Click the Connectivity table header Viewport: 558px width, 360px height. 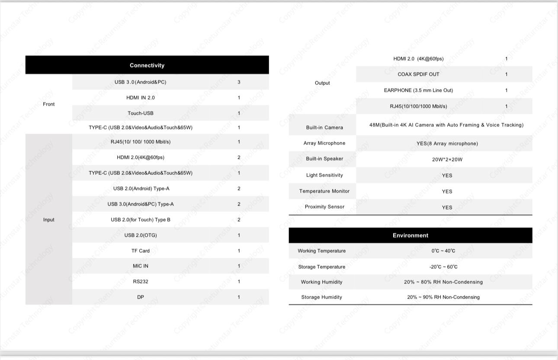coord(147,65)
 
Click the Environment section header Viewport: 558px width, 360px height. coord(410,235)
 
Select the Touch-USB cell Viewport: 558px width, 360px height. coord(141,113)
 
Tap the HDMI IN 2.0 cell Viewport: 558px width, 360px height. coord(141,98)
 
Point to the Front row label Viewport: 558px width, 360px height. coord(49,104)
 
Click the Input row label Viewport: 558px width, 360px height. coord(49,220)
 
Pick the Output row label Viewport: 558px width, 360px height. coord(322,83)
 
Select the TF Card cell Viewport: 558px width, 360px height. coord(141,251)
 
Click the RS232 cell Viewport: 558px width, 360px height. coord(141,282)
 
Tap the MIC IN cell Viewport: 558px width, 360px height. coord(141,266)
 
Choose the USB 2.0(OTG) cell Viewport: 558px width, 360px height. coord(141,235)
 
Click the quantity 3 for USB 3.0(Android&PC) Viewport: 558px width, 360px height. coord(239,82)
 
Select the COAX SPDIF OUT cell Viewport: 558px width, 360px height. coord(418,74)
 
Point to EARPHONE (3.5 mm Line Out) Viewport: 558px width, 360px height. coord(418,90)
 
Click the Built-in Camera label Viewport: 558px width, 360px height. coord(324,128)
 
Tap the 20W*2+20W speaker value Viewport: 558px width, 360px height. coord(447,160)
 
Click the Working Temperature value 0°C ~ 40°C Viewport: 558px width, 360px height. coord(443,251)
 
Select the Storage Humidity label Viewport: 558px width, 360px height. coord(322,297)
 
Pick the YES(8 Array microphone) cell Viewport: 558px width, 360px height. coord(447,144)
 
